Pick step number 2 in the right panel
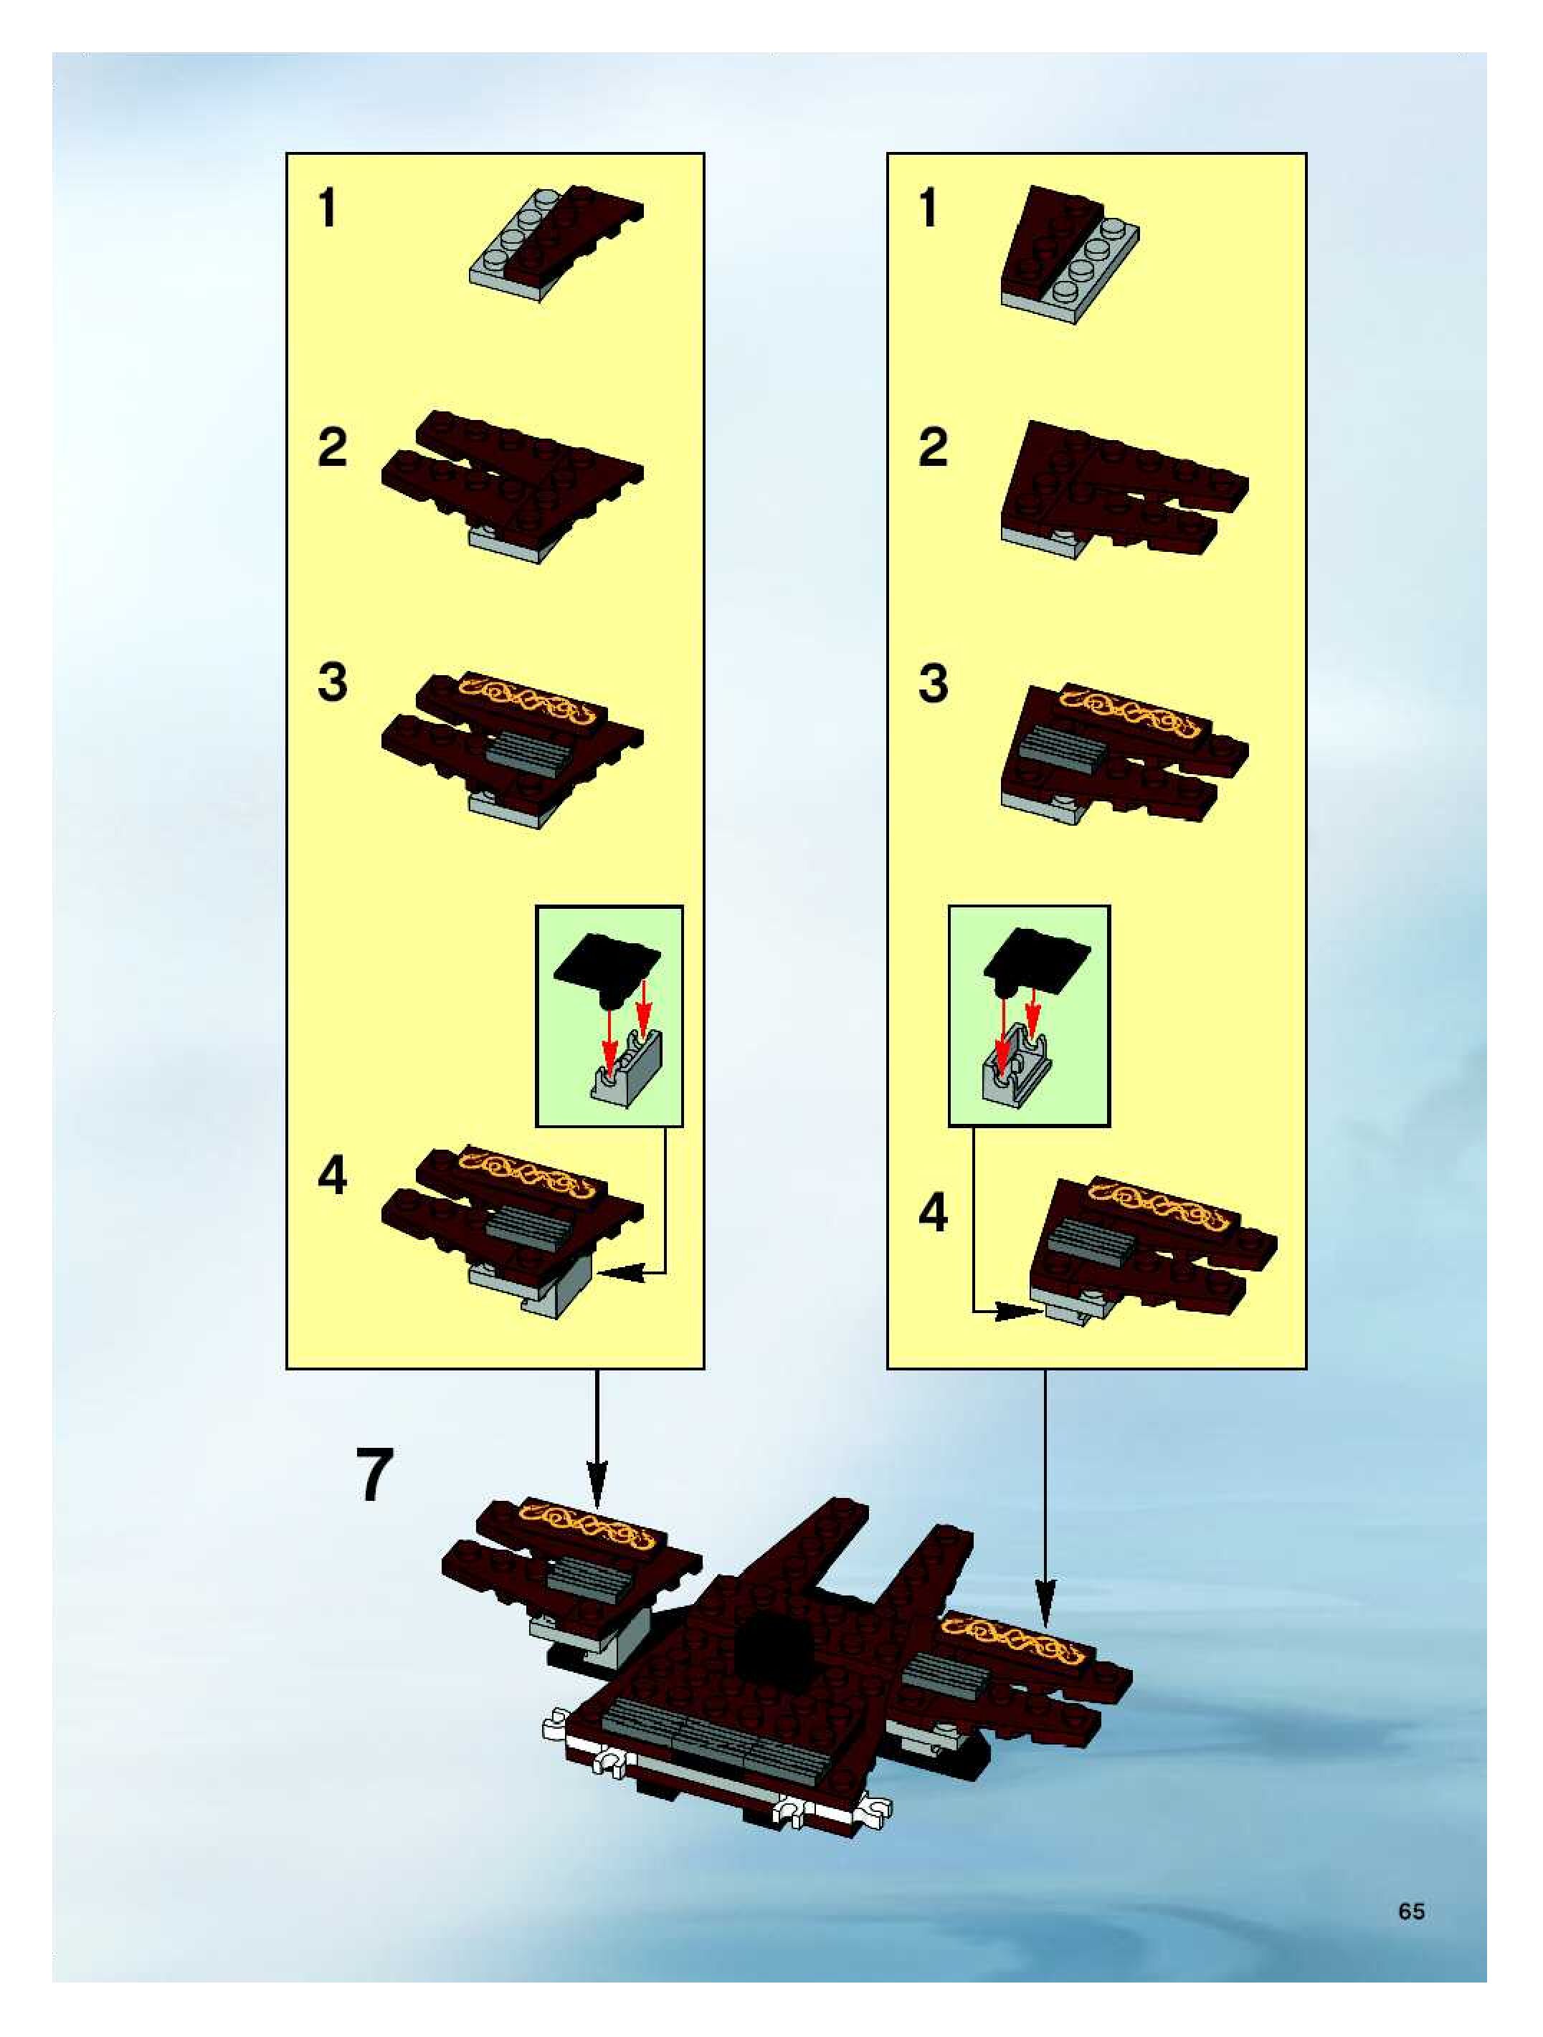933,447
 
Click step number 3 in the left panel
333,683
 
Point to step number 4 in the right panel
933,1213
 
